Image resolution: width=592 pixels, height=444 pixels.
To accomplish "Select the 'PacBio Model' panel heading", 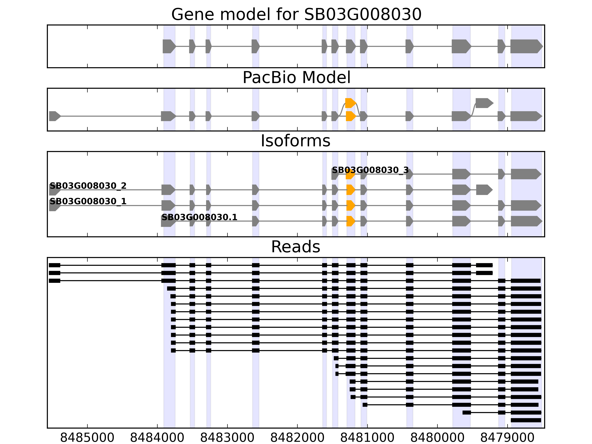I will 296,78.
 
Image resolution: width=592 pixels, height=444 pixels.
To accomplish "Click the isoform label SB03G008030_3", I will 370,170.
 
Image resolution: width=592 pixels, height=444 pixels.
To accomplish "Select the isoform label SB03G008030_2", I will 88,186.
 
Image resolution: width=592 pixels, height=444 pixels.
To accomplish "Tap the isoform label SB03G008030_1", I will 88,201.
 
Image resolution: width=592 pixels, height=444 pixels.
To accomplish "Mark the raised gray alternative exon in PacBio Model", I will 484,103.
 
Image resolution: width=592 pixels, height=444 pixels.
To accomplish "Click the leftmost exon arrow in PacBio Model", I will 55,116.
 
